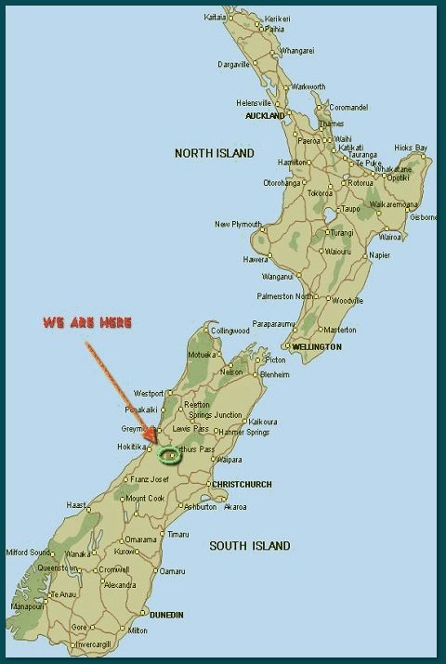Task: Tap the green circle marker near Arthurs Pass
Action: pos(169,454)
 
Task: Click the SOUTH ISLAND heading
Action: pos(249,546)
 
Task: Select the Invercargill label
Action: pos(98,643)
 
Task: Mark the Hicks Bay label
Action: pos(410,148)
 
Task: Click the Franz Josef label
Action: pos(151,479)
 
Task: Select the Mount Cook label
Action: pos(145,498)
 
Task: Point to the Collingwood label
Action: pos(230,331)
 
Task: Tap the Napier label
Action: pos(379,254)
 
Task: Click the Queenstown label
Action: pos(58,567)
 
